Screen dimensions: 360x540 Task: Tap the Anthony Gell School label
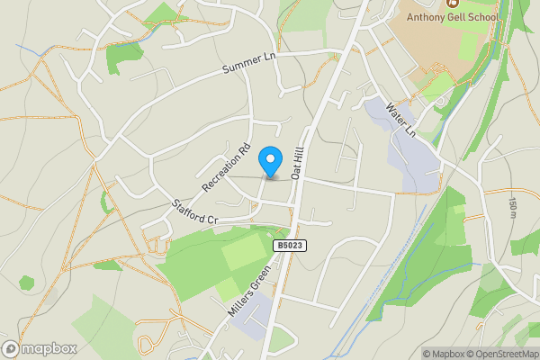tap(451, 16)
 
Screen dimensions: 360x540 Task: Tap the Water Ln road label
tap(400, 118)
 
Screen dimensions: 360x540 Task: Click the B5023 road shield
tap(290, 245)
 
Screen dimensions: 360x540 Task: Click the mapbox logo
tap(40, 348)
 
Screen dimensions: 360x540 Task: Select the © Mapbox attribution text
tap(447, 354)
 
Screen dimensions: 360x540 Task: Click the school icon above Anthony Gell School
tap(452, 3)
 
